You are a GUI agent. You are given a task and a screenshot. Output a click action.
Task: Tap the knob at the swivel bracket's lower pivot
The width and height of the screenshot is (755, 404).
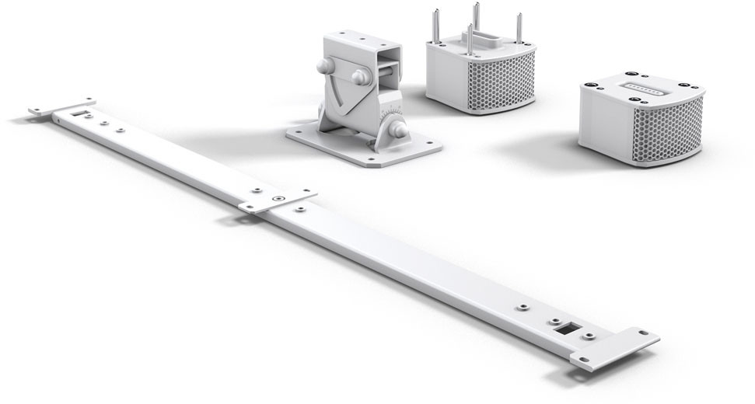click(x=397, y=124)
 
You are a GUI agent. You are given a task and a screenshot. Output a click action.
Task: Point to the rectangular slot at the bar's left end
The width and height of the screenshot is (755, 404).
click(x=76, y=113)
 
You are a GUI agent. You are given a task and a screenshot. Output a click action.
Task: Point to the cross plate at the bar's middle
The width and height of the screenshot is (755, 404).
click(x=277, y=200)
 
